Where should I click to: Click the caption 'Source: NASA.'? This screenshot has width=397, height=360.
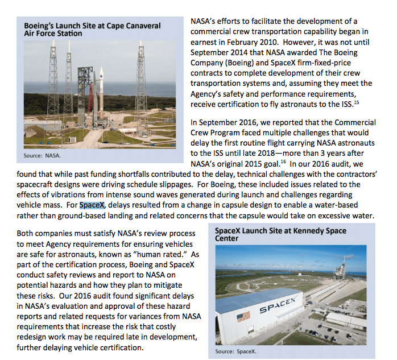point(43,155)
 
